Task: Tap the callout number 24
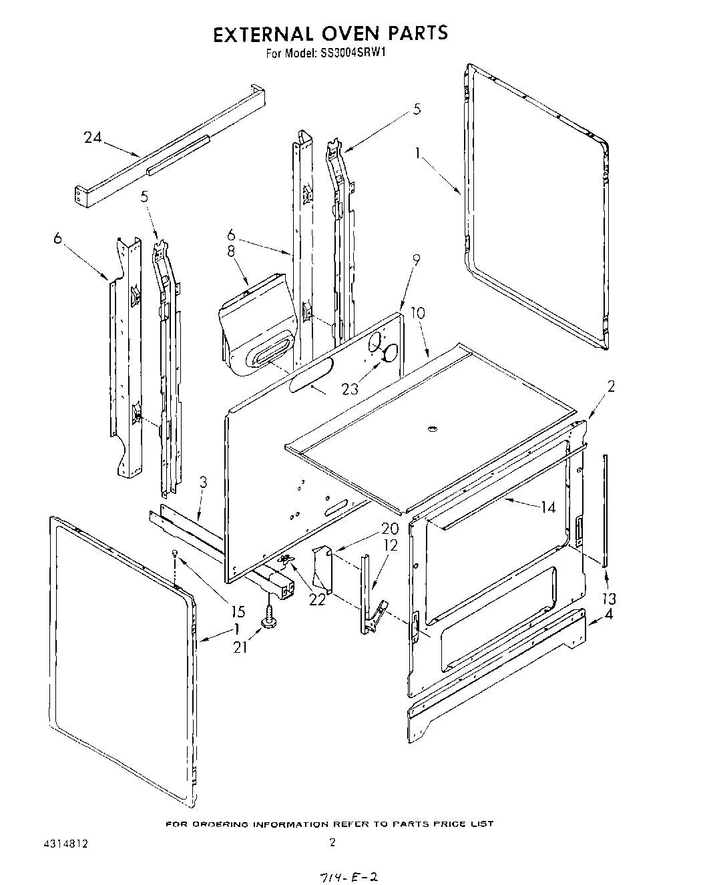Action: tap(93, 137)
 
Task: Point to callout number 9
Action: tap(416, 262)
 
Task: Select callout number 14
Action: tap(547, 507)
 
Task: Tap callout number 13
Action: tap(608, 598)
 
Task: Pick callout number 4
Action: tap(608, 615)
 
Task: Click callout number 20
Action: tap(390, 529)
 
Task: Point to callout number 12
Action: tap(391, 545)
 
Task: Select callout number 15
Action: tap(237, 611)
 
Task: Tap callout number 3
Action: tap(204, 482)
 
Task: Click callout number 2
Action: tap(610, 385)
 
